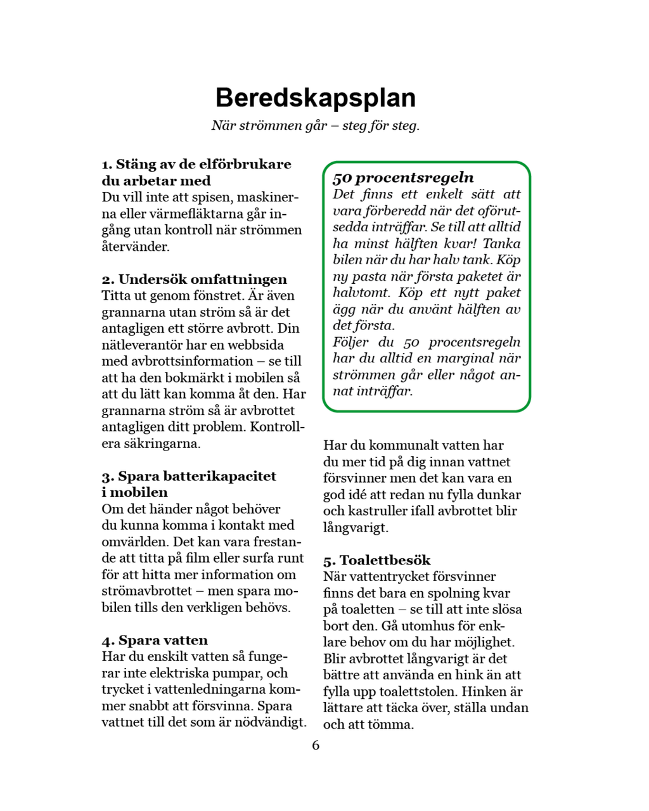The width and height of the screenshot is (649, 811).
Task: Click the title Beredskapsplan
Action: (315, 98)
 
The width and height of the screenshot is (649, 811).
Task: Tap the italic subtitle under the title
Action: (315, 125)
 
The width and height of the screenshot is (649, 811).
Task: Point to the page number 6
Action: (316, 745)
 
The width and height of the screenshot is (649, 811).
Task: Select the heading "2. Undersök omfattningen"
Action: (194, 279)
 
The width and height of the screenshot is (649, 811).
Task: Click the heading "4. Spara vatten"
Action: (155, 641)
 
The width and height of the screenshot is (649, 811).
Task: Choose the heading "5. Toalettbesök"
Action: (376, 560)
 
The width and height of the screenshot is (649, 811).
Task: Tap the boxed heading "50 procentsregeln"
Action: (403, 178)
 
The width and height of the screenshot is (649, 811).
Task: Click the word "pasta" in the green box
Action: (369, 276)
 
